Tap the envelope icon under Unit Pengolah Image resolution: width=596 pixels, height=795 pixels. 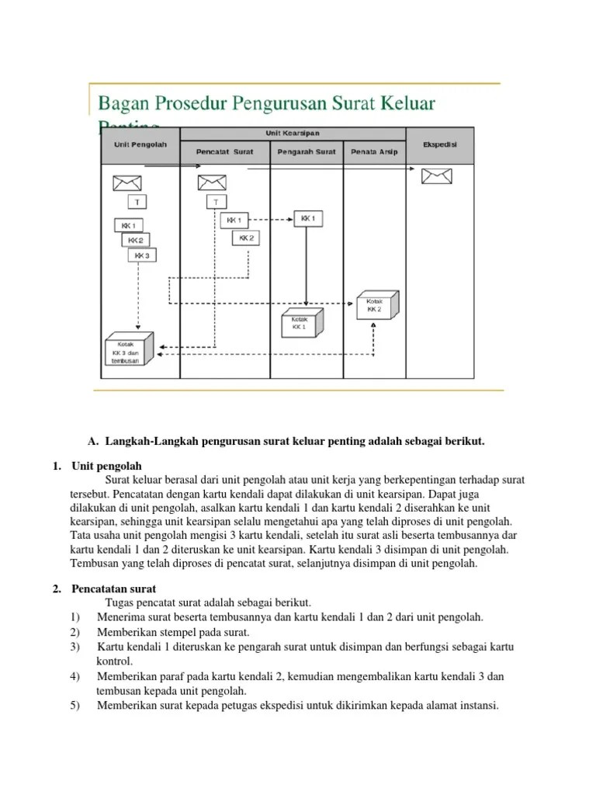[127, 183]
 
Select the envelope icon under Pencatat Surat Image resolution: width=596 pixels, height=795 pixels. [211, 183]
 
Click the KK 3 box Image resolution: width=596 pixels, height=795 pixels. [141, 255]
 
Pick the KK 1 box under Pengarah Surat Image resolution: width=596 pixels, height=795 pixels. [308, 219]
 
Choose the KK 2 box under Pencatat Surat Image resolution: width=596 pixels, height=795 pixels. [246, 238]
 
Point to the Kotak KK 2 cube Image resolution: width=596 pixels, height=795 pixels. [376, 305]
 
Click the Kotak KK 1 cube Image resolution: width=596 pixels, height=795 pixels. [301, 322]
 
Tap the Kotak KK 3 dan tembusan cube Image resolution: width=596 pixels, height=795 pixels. [128, 350]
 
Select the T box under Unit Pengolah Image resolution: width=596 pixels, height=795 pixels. [138, 202]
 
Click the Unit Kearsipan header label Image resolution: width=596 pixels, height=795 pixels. [293, 134]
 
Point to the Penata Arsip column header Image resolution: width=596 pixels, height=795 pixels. [374, 151]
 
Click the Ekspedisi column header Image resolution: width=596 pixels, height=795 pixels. [439, 144]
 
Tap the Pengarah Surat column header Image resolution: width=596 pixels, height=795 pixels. [307, 151]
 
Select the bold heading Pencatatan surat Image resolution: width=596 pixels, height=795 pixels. [113, 589]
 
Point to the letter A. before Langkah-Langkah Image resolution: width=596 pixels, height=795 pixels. [93, 442]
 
